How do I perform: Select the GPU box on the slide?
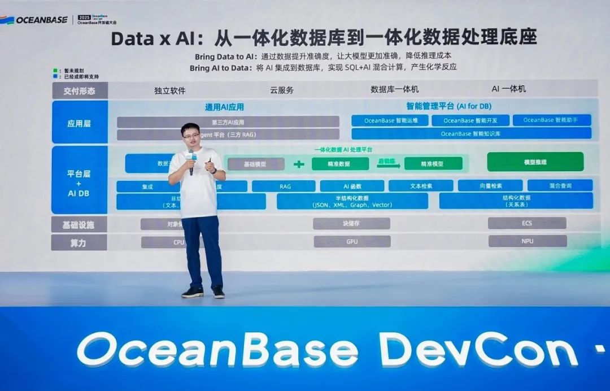352,241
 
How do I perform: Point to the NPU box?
527,241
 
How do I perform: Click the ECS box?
526,223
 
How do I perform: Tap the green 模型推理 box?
535,162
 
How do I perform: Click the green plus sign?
299,164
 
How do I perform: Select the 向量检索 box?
490,185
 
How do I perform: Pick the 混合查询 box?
560,185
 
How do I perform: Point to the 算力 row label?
79,242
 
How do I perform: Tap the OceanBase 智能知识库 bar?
471,134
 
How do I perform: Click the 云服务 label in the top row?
282,90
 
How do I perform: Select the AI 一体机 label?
508,89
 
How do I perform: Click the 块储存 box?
351,223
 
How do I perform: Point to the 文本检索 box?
421,185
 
